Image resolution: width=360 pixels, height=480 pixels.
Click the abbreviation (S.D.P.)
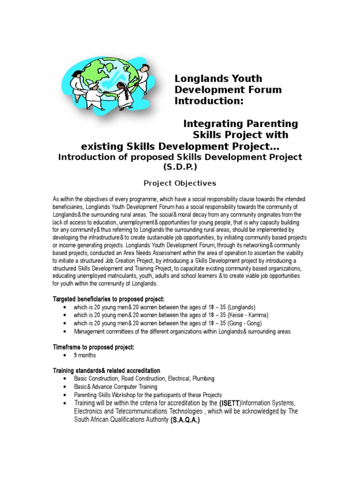180,166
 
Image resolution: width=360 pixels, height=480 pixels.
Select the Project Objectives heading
180,183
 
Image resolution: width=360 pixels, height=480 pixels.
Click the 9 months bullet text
85,355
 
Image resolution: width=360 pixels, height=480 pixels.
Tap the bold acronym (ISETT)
230,403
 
